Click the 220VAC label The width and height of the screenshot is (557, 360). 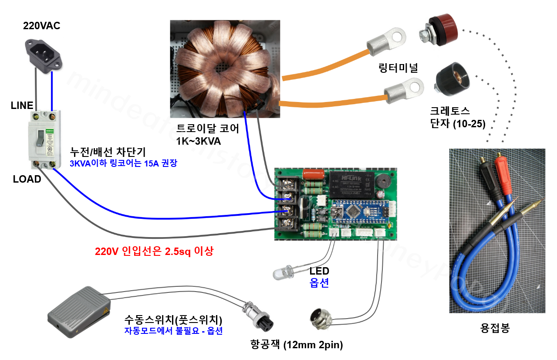tap(41, 26)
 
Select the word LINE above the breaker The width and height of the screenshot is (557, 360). tap(22, 105)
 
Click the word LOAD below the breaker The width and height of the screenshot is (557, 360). tap(27, 179)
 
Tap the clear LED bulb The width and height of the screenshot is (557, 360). tap(283, 273)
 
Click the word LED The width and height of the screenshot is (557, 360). tap(319, 272)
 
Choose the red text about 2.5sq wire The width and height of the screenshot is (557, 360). tap(154, 251)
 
